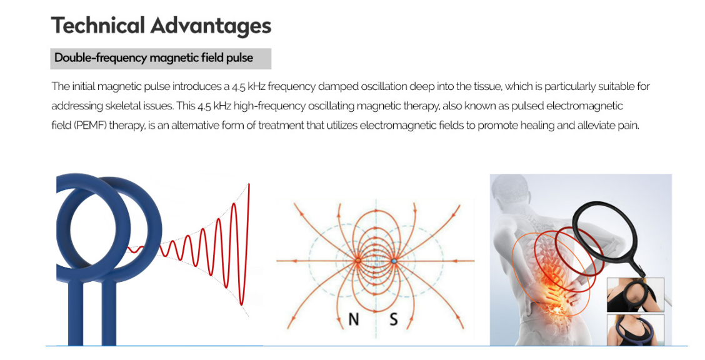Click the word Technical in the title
pyautogui.click(x=98, y=26)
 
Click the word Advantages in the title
pyautogui.click(x=211, y=26)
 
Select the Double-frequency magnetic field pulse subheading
pyautogui.click(x=154, y=58)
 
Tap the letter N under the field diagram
pyautogui.click(x=354, y=319)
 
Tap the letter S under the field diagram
pyautogui.click(x=393, y=319)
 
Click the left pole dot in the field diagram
pyautogui.click(x=358, y=261)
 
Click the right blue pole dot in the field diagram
pyautogui.click(x=394, y=261)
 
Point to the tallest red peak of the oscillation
pyautogui.click(x=249, y=185)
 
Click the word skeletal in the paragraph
pyautogui.click(x=137, y=106)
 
